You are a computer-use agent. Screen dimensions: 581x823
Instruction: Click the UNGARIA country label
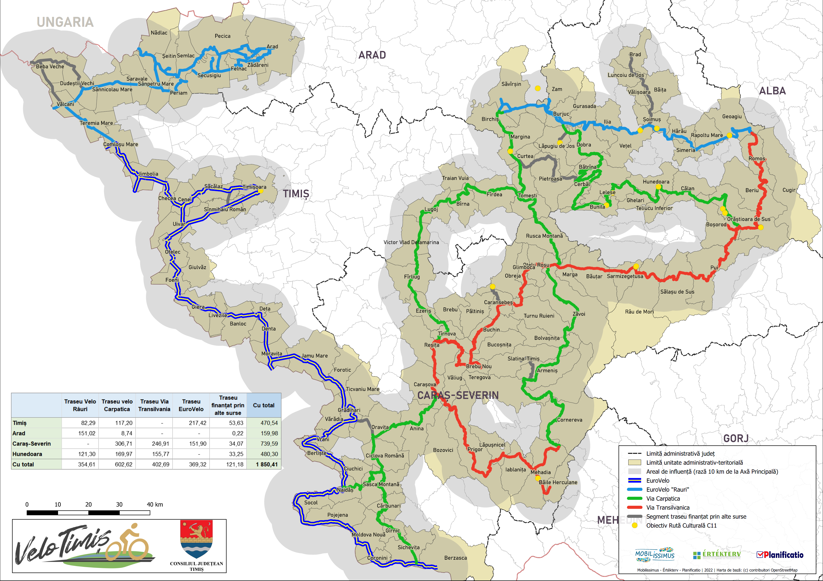click(65, 22)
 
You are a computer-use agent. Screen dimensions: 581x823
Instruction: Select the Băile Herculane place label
click(558, 482)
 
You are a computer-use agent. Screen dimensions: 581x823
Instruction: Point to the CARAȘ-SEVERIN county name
click(458, 395)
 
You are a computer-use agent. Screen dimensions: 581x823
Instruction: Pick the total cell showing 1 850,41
click(266, 464)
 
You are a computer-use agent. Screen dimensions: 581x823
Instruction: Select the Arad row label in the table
click(19, 433)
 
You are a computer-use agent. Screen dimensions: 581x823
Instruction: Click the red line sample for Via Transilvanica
click(634, 508)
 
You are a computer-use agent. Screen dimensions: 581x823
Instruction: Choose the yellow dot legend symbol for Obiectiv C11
click(634, 526)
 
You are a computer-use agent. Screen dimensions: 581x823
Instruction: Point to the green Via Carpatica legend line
click(634, 499)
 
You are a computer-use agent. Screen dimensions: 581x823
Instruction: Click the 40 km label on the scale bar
click(155, 504)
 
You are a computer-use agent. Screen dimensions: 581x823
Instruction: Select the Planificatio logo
click(780, 555)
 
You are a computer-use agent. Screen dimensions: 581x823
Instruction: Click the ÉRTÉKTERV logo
click(717, 555)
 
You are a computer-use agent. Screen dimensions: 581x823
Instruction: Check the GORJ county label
click(736, 438)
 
